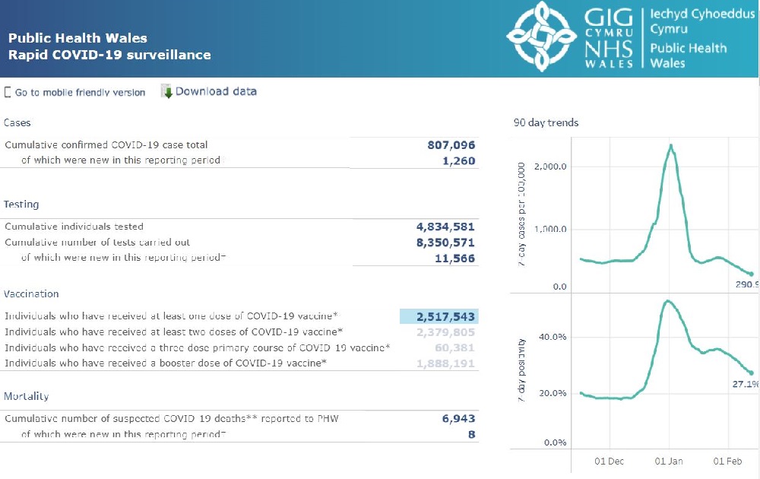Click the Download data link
(216, 91)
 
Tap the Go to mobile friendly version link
(80, 93)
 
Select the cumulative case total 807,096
(451, 144)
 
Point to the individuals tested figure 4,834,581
(445, 227)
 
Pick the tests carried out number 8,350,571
(445, 243)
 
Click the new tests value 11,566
(454, 259)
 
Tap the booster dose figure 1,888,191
(445, 363)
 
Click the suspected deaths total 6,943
(458, 418)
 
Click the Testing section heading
(21, 205)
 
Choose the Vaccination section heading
(31, 294)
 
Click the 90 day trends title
(546, 122)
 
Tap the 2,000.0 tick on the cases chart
(549, 167)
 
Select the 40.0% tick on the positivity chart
(553, 337)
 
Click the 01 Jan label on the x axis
(669, 462)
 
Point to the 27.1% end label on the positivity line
(745, 384)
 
